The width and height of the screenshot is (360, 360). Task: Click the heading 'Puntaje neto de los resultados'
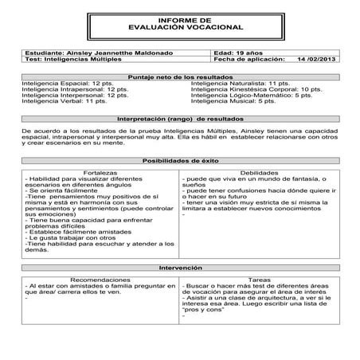(x=180, y=76)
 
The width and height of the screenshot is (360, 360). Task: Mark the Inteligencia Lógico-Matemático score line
(x=252, y=96)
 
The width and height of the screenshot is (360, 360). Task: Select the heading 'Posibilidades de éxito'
(x=180, y=159)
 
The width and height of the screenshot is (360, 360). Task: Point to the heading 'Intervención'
(x=180, y=268)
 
